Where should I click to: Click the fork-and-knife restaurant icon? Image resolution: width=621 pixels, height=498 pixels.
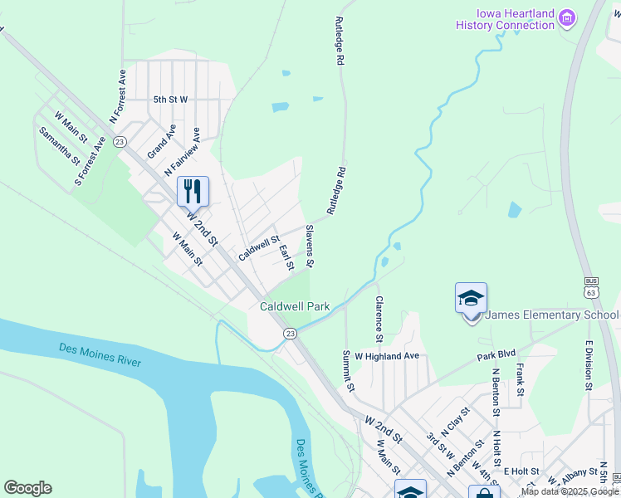[193, 192]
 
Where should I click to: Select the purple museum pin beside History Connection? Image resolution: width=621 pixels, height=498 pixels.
[568, 17]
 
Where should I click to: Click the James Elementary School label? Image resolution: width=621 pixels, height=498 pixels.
[551, 315]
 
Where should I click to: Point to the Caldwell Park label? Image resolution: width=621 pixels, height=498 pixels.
[295, 306]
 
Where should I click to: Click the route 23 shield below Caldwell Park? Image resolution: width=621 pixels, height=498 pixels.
[290, 333]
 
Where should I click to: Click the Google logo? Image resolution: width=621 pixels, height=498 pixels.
[27, 488]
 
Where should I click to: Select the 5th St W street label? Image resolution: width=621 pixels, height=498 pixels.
[170, 100]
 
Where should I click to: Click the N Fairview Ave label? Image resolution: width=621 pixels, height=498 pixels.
[183, 151]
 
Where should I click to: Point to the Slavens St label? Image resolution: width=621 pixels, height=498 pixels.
[308, 247]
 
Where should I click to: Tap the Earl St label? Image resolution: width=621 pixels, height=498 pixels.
[286, 256]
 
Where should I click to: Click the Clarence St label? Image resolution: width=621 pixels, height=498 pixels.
[378, 319]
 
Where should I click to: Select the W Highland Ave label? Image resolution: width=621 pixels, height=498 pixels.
[387, 355]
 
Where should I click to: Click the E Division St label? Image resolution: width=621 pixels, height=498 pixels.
[588, 365]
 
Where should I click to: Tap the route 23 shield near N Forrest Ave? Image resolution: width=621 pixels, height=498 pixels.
[120, 142]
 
